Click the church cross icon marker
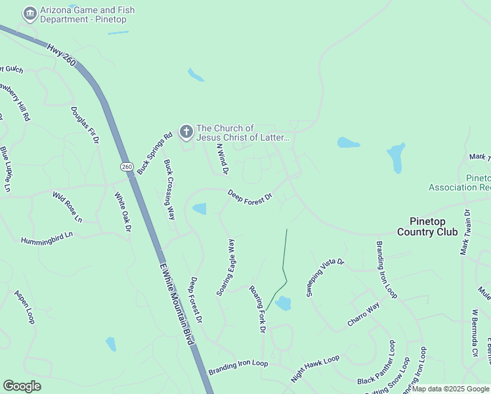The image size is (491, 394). (x=186, y=133)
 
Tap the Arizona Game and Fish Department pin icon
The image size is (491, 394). (x=30, y=14)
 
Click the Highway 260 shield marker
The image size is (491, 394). (x=127, y=167)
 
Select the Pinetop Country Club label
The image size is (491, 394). (x=427, y=226)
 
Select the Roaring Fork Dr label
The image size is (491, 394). (x=257, y=308)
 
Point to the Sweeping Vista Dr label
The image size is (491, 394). (x=325, y=278)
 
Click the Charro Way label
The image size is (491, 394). (x=363, y=315)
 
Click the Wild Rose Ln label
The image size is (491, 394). (x=68, y=206)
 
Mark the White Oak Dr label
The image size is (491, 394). (x=123, y=211)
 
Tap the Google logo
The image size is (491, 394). (x=22, y=386)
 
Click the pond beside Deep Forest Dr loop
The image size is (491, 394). (x=199, y=209)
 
